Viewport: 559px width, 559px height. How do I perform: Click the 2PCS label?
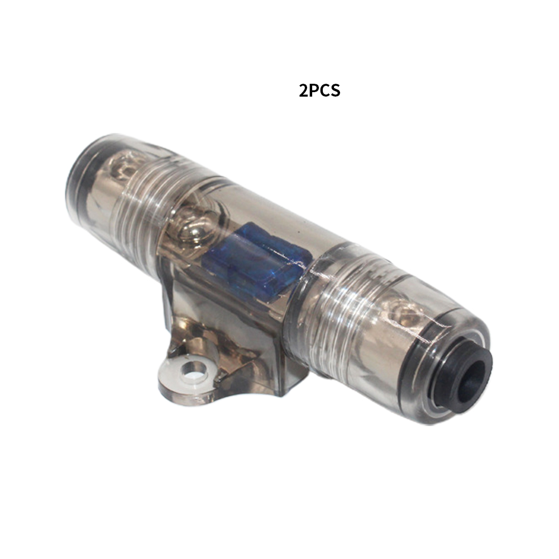(x=319, y=90)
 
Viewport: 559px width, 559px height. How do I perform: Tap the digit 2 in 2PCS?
(x=303, y=90)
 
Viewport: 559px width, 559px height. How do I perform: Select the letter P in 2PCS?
(x=313, y=90)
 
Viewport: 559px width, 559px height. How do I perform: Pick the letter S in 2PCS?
(x=336, y=90)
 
